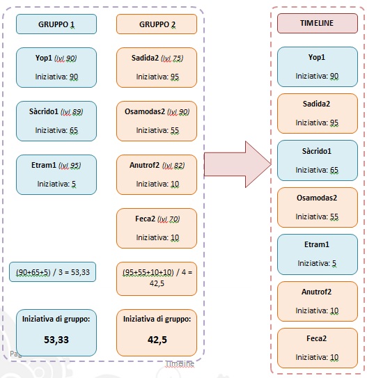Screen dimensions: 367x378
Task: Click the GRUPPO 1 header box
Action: click(56, 24)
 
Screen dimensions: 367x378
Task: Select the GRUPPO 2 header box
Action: click(157, 24)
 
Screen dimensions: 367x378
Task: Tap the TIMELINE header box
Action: click(318, 23)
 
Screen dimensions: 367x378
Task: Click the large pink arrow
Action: click(237, 164)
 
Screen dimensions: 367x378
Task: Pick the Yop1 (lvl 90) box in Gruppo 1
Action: click(56, 68)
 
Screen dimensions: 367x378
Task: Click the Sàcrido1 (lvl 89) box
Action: click(56, 121)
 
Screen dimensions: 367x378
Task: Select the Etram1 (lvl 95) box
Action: click(56, 175)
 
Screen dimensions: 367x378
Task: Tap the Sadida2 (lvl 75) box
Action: click(157, 68)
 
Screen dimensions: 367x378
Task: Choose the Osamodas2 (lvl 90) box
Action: click(157, 121)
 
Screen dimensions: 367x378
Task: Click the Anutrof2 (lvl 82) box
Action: click(157, 175)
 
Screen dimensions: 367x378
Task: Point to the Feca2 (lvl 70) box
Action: click(157, 228)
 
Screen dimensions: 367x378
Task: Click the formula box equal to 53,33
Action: click(52, 272)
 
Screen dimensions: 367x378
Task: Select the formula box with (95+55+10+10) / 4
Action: click(157, 278)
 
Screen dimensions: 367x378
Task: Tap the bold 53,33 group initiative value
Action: click(56, 340)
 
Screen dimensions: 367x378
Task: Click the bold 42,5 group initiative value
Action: click(157, 340)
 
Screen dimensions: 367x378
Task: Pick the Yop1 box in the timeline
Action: click(318, 67)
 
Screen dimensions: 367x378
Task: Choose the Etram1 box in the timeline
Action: click(318, 254)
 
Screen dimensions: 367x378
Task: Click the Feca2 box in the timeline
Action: click(318, 348)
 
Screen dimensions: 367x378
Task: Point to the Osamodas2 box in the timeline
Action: click(318, 207)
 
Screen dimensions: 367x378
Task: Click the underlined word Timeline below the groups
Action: click(180, 363)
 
